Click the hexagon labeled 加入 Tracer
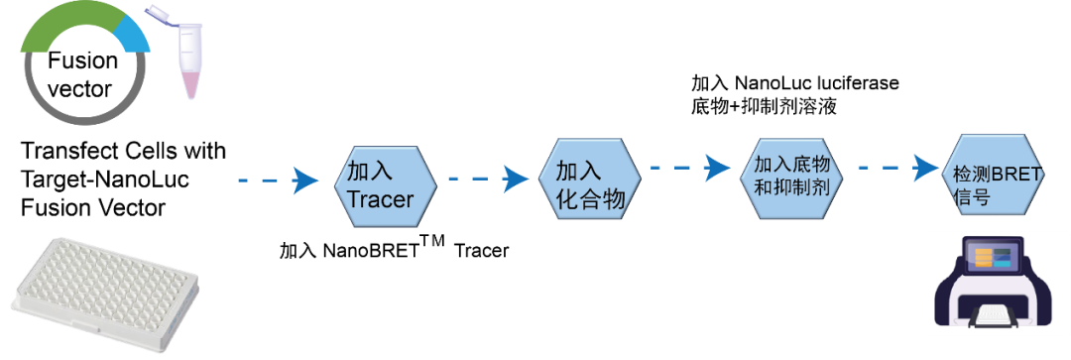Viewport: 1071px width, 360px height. [x=386, y=185]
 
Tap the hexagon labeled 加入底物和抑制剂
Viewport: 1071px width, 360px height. [x=792, y=175]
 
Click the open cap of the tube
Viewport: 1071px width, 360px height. [x=159, y=11]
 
